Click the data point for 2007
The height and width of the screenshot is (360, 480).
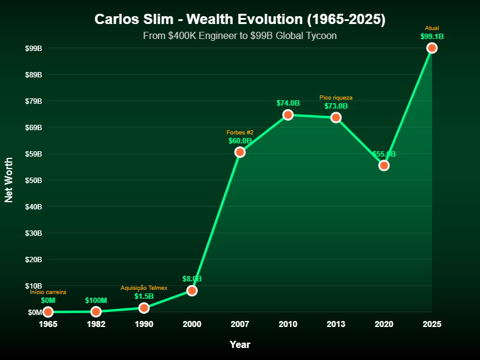coord(240,152)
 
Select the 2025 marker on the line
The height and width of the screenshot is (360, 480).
coord(432,48)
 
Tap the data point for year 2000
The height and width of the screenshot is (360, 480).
coord(192,290)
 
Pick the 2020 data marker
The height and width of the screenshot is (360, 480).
coord(384,165)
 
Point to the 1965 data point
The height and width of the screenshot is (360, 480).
coord(48,311)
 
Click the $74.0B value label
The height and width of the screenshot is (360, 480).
coord(288,103)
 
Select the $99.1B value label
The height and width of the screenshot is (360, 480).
coord(432,37)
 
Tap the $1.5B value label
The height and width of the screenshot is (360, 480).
coord(144,296)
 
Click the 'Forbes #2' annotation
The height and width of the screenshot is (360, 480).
coord(240,133)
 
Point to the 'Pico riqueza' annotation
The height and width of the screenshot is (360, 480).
coord(336,98)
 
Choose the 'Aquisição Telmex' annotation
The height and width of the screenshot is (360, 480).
coord(144,288)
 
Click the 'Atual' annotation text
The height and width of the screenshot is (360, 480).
coord(432,28)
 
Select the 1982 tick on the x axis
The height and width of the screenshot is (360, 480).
coord(96,324)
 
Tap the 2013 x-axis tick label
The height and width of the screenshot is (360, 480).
coord(336,324)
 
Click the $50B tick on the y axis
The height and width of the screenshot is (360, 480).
coord(34,180)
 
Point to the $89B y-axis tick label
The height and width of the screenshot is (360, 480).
coord(34,74)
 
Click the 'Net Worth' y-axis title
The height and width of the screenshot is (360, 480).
coord(9,180)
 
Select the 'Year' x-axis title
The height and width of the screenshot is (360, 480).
coord(240,344)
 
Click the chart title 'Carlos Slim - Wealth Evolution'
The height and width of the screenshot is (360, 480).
coord(240,19)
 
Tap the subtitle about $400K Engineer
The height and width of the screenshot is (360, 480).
coord(240,36)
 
